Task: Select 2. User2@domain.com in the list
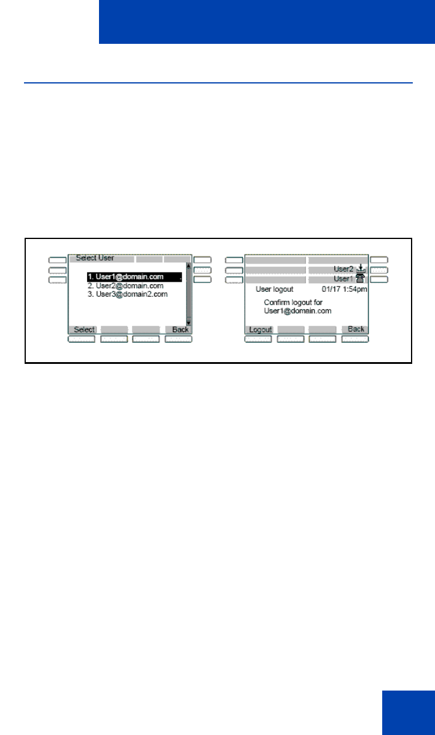[125, 286]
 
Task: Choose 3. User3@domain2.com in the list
[127, 294]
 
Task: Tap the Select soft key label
[85, 330]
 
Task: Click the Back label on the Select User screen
[180, 330]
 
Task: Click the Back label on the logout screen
[356, 329]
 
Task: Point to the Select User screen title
[95, 258]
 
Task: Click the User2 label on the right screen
[343, 270]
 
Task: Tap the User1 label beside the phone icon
[343, 279]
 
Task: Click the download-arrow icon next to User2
[361, 269]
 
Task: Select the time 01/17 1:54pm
[344, 289]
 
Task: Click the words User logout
[275, 289]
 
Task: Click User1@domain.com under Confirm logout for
[298, 311]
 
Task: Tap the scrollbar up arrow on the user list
[189, 265]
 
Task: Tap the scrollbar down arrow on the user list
[189, 322]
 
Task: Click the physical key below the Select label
[82, 339]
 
